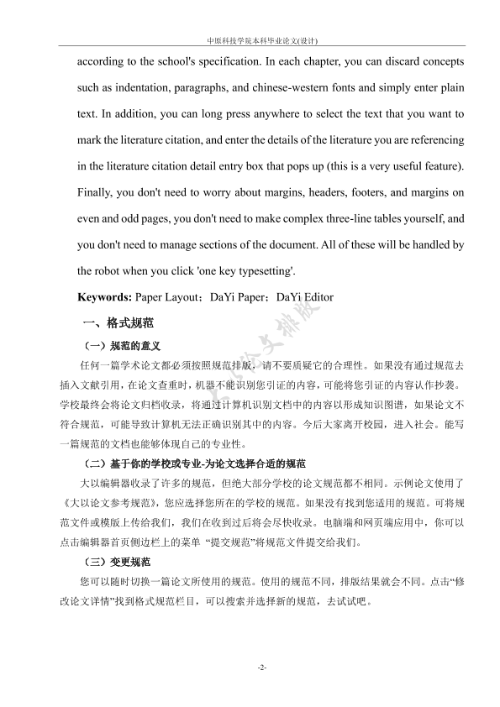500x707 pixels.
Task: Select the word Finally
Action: [x=96, y=191]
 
